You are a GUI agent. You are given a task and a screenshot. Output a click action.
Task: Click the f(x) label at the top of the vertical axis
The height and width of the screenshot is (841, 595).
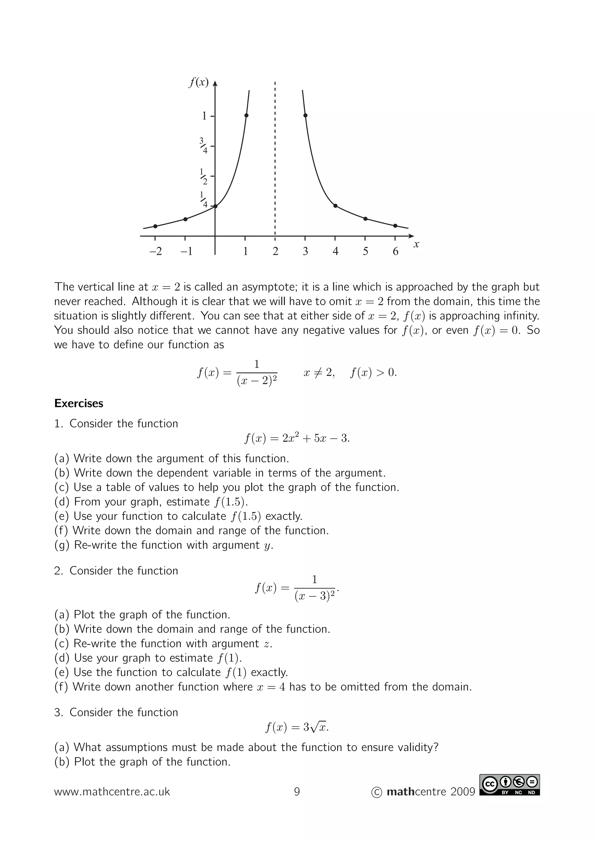(198, 82)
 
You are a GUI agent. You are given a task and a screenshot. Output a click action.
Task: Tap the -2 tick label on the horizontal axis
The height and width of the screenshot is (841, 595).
(155, 251)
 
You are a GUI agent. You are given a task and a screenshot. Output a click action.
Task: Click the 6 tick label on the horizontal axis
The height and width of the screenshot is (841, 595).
(395, 251)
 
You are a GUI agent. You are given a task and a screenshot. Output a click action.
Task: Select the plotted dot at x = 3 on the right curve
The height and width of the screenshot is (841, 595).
(305, 115)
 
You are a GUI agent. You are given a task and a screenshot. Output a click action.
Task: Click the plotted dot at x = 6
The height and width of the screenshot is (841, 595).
(395, 226)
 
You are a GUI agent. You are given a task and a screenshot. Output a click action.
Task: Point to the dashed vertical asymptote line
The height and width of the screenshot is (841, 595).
(275, 161)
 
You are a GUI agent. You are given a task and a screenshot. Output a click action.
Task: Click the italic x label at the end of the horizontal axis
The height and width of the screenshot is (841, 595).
(416, 244)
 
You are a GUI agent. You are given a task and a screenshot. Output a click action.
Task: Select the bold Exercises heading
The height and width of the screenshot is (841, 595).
(79, 403)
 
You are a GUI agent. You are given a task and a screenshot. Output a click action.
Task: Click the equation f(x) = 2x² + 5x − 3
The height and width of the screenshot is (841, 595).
(297, 438)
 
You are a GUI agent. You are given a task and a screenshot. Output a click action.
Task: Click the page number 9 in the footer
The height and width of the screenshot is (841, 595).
(297, 792)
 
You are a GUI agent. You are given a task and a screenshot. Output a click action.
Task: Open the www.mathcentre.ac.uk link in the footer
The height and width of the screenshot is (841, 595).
(112, 792)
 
